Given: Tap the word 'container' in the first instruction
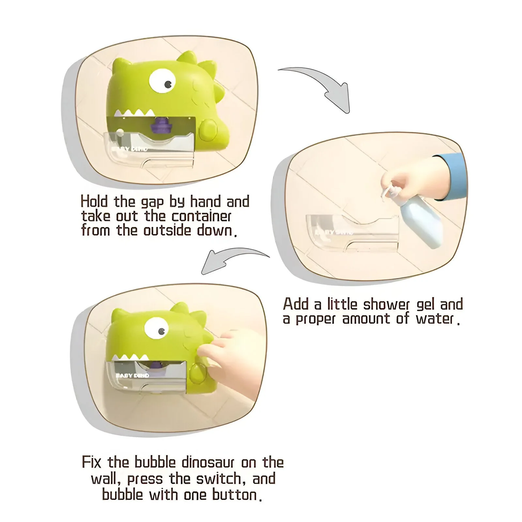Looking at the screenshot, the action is (202, 216).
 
